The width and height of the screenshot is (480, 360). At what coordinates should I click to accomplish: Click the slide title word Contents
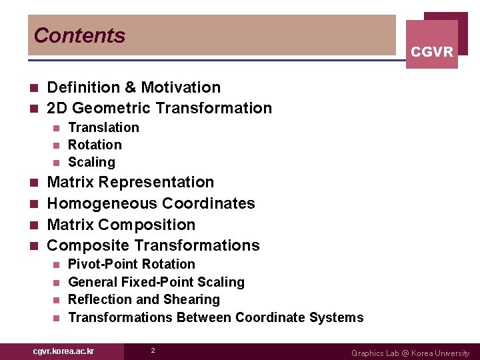click(x=79, y=35)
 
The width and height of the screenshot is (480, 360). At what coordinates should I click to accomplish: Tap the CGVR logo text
click(x=432, y=52)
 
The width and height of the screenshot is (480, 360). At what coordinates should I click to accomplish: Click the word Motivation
click(x=181, y=87)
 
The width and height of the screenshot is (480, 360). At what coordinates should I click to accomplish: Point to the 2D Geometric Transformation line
click(x=159, y=108)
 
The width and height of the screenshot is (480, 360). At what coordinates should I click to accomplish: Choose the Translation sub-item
click(x=103, y=127)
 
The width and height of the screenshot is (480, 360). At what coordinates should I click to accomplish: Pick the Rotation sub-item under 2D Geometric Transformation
click(x=95, y=145)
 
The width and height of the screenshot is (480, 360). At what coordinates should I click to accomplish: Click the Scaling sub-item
click(x=91, y=162)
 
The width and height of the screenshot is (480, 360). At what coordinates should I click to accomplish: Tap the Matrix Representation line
click(x=131, y=182)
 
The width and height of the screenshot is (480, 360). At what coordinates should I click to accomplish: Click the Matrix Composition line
click(x=121, y=225)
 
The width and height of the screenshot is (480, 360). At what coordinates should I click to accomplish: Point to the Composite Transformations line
click(x=153, y=245)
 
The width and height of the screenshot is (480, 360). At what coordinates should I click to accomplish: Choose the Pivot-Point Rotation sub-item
click(x=131, y=264)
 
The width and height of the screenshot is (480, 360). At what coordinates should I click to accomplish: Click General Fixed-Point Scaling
click(x=156, y=282)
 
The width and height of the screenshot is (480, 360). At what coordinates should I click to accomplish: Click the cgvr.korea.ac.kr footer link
click(x=63, y=351)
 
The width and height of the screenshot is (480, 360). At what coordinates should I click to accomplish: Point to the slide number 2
click(x=153, y=351)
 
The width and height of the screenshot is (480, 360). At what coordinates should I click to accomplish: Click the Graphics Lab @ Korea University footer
click(x=410, y=353)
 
